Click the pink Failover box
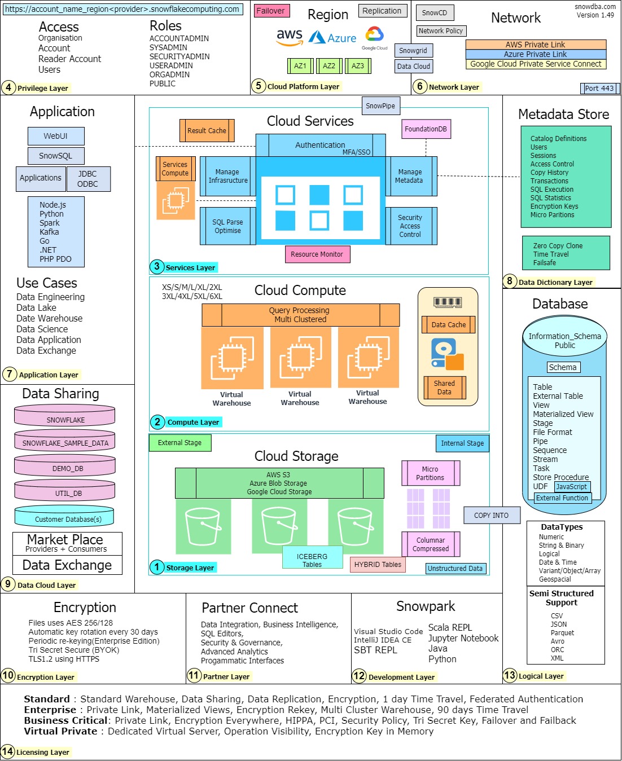271,11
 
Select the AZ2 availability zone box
328,66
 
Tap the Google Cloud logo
374,38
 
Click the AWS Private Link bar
536,45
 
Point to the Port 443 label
599,89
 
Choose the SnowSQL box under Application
56,156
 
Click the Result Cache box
207,131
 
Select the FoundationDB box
426,129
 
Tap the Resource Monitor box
317,254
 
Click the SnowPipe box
380,105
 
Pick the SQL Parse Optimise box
228,226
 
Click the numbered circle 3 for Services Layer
157,267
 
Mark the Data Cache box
448,325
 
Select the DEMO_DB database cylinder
65,465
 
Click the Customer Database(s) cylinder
64,516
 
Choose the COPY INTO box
492,515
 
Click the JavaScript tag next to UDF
572,487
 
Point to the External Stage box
180,443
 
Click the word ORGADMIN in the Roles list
169,74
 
